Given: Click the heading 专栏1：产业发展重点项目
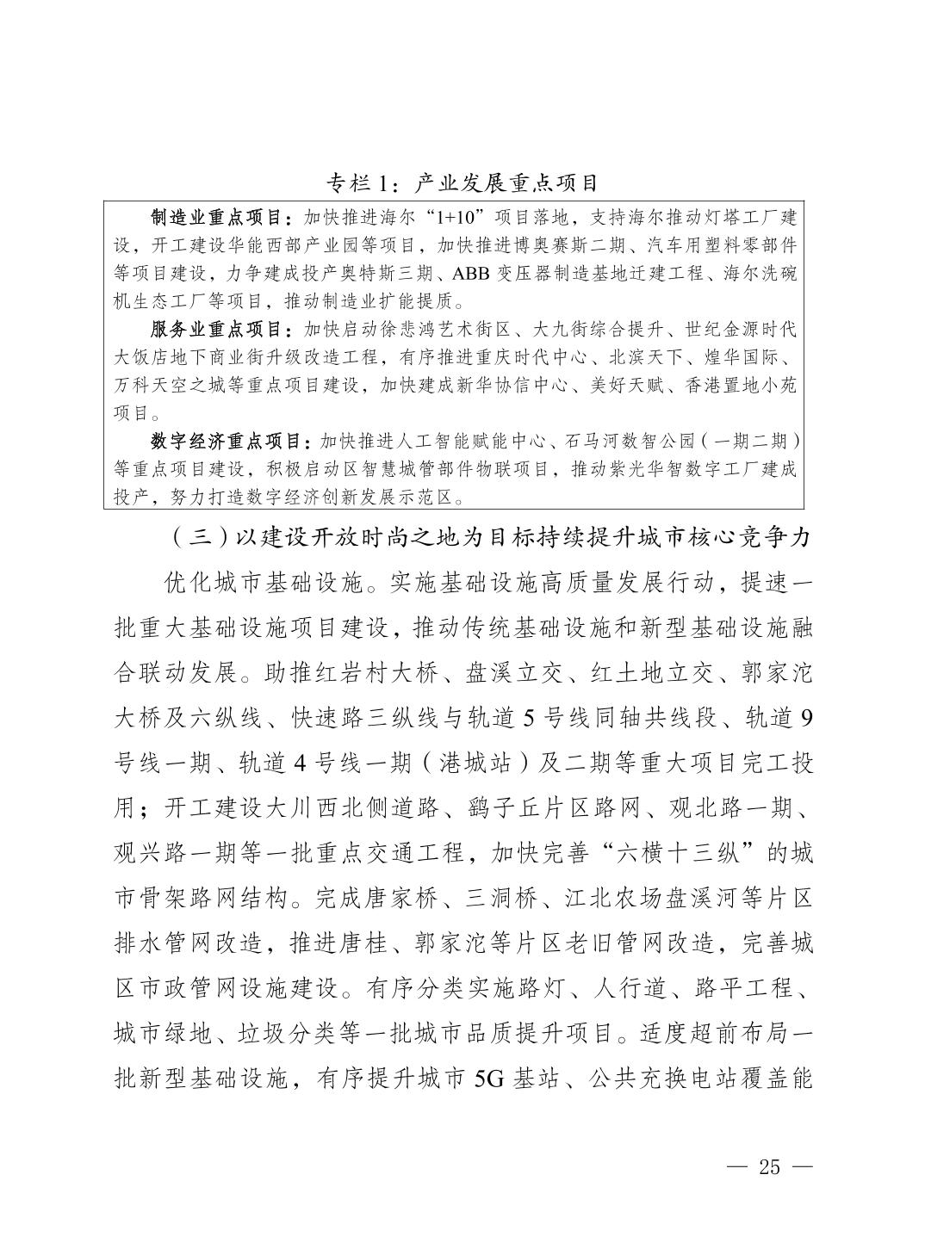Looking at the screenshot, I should coord(462,182).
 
